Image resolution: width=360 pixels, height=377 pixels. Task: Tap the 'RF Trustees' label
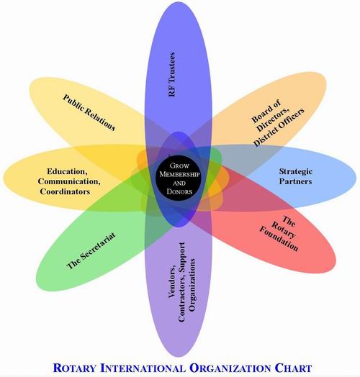coord(181,73)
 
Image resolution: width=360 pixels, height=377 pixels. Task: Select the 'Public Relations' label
coord(89,112)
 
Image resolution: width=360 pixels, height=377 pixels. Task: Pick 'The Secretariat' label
coord(91,250)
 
